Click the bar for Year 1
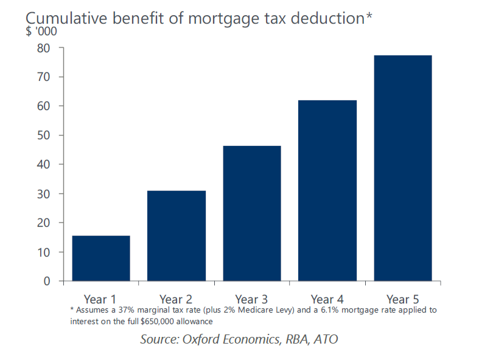coord(100,258)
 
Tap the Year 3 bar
coord(252,213)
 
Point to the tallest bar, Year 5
coord(403,168)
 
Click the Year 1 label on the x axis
coord(100,299)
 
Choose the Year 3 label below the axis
coord(252,299)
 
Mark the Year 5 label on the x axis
coord(403,299)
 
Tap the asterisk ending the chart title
coord(369,16)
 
